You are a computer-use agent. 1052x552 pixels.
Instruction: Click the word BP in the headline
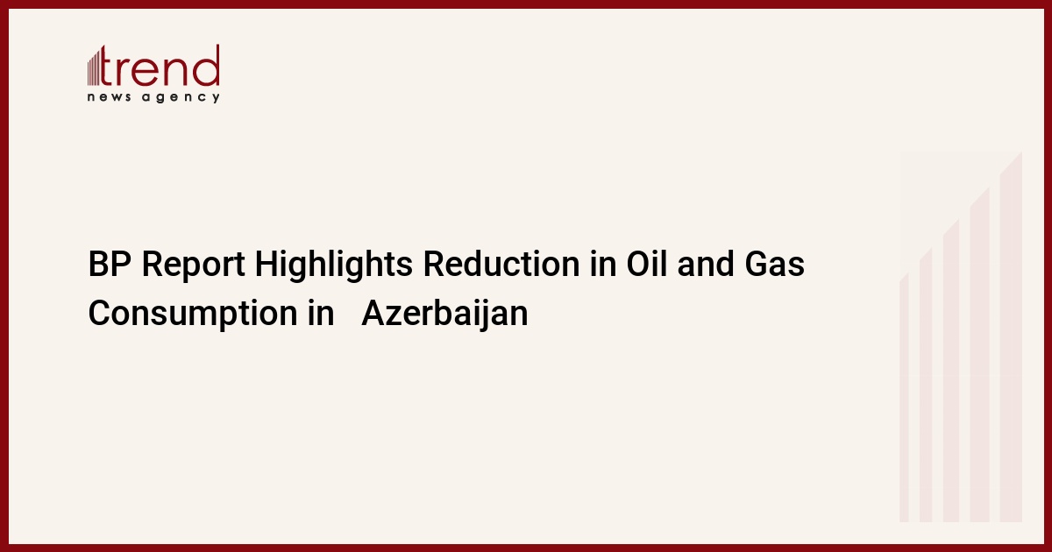110,264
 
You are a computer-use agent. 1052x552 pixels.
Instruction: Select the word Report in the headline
194,266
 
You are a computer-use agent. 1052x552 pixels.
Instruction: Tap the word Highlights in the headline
334,265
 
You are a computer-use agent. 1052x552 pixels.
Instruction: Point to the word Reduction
501,264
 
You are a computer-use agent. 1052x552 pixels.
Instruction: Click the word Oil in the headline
647,264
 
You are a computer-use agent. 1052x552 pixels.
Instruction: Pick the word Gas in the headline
774,264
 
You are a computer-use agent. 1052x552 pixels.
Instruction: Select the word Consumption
193,315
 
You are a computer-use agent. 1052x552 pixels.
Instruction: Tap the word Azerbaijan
444,314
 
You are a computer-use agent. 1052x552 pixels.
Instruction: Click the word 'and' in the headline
706,264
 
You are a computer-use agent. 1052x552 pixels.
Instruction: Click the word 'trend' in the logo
160,66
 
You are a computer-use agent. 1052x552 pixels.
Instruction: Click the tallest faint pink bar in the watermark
1011,336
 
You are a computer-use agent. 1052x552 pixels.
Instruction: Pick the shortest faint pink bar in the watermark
904,398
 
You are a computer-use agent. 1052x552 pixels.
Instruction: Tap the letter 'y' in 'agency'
216,98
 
